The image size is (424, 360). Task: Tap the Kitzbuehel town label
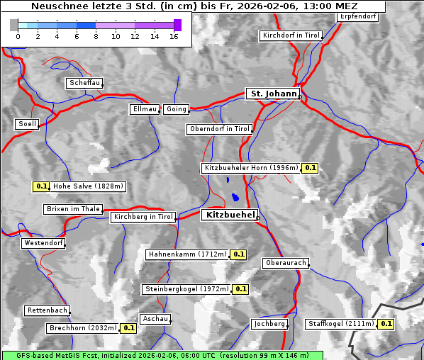tap(229, 215)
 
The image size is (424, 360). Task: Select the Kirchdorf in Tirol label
tap(291, 35)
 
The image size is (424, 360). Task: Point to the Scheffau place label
tap(84, 83)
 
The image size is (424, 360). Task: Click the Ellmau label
tap(145, 109)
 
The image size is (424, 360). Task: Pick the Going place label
tap(176, 109)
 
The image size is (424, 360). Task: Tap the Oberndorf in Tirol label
tap(219, 129)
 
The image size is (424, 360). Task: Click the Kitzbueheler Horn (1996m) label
tap(250, 168)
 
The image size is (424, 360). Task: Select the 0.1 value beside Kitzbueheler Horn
tap(310, 168)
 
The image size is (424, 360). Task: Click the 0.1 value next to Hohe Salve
tap(41, 186)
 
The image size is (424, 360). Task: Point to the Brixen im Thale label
tap(72, 209)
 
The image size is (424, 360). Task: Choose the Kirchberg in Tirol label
tap(143, 217)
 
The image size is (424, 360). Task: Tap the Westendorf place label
tap(43, 243)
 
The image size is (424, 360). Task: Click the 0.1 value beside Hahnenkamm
tap(238, 254)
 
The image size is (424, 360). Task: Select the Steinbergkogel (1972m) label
tap(186, 289)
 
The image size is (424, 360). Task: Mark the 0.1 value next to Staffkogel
tap(386, 324)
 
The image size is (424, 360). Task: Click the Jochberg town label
tap(269, 324)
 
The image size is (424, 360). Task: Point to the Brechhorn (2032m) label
tap(83, 328)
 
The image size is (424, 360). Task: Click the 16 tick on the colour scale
tap(174, 36)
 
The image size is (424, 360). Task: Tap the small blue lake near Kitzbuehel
tap(234, 196)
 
